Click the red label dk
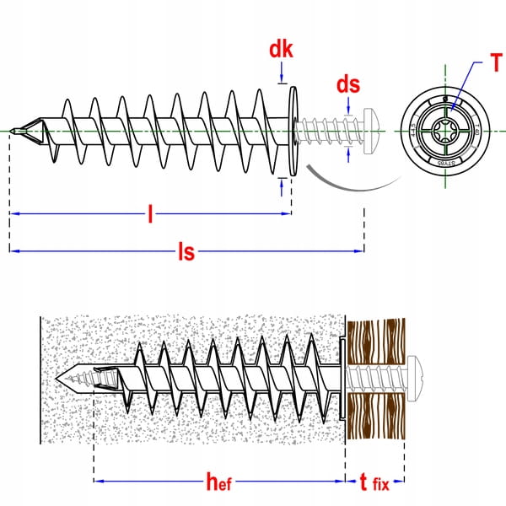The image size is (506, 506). (x=281, y=50)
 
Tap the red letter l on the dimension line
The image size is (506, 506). (x=150, y=215)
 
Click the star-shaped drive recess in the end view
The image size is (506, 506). (x=443, y=130)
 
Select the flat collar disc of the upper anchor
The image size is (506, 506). (x=292, y=130)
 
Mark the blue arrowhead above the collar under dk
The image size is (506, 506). (x=281, y=81)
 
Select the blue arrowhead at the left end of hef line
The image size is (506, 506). (x=98, y=482)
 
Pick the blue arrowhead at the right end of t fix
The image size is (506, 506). (x=401, y=482)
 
